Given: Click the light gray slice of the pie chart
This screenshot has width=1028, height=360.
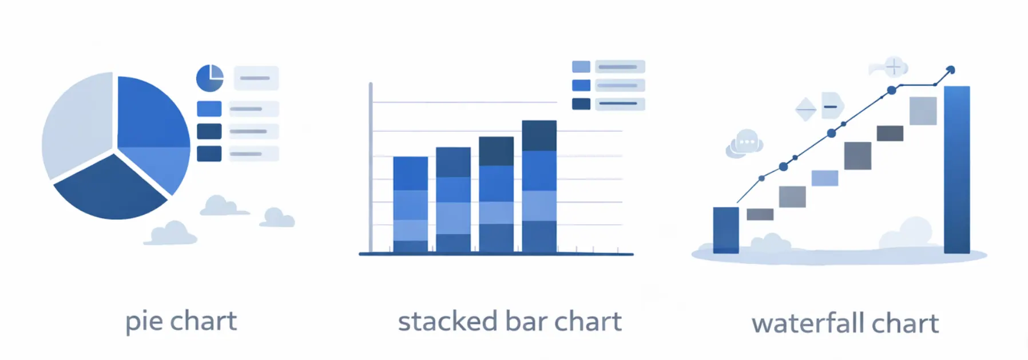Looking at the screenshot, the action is (x=77, y=123).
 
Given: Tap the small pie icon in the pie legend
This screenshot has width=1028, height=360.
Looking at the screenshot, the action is (x=210, y=78).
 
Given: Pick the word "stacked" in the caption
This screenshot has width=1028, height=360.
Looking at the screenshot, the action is (x=448, y=322).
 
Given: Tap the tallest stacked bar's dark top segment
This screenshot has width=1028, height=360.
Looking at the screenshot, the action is (x=539, y=136).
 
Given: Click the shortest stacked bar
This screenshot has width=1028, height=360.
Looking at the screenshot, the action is (x=410, y=204).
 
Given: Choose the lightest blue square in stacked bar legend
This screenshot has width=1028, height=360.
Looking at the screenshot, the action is (x=581, y=67).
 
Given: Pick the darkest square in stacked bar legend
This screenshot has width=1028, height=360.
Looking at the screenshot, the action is (x=581, y=104).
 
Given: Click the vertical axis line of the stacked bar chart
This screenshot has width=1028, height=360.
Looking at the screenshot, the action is (x=371, y=167).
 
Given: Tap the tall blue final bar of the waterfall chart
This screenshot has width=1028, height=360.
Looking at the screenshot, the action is (x=956, y=169).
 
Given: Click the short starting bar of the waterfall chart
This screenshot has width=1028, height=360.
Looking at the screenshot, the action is (x=726, y=230).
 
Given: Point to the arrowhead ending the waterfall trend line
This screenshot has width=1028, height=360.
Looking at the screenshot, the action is (x=951, y=70).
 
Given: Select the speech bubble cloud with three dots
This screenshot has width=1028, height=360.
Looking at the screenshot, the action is (x=744, y=143).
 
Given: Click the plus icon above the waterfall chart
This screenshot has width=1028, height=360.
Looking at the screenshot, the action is (x=894, y=67).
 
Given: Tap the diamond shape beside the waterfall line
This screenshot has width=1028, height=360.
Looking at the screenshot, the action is (x=806, y=108).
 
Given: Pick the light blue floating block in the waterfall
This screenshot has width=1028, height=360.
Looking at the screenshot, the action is (x=825, y=178).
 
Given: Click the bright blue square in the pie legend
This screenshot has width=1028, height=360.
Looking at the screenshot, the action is (x=209, y=109).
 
